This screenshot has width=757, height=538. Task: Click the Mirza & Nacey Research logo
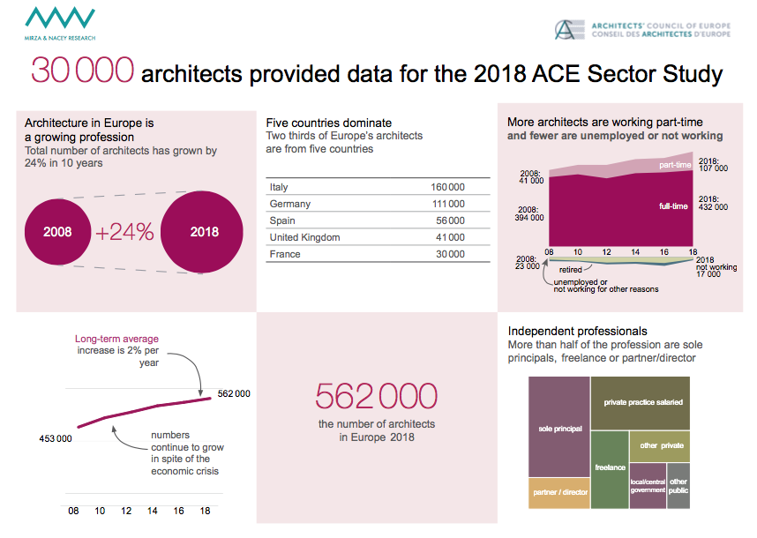point(60,23)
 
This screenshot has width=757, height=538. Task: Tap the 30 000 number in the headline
point(83,71)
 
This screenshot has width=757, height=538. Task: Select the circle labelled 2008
point(57,233)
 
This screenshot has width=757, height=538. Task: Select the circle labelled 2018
point(204,233)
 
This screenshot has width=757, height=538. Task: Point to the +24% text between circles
point(124,233)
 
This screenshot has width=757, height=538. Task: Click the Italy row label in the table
point(279,187)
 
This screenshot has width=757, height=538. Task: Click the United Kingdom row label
point(304,237)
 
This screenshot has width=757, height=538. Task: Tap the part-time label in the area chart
point(675,165)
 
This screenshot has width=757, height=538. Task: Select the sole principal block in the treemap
point(559,429)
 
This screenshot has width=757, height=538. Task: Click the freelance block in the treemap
point(610,467)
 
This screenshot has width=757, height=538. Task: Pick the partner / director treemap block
point(558,492)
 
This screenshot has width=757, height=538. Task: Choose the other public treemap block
point(678,486)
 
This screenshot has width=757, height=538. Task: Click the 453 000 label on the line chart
point(55,438)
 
